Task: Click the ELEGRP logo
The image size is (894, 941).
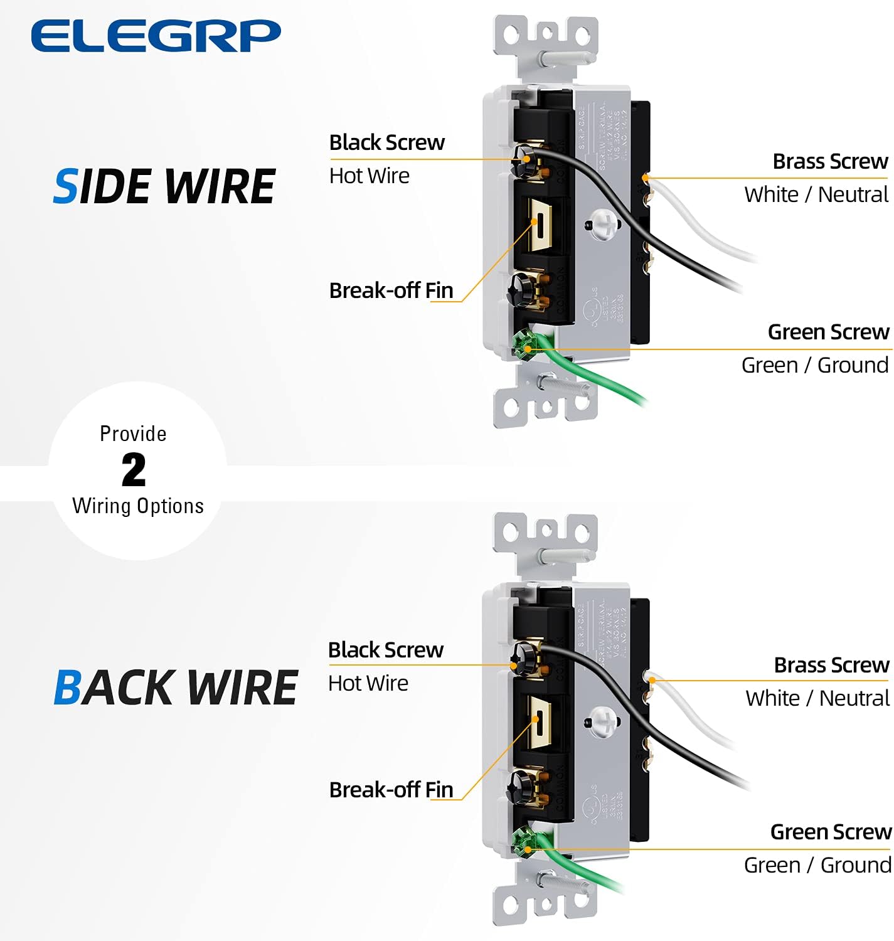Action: coord(156,36)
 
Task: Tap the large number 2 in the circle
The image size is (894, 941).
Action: coord(134,470)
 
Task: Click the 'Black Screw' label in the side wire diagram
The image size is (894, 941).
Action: coord(386,142)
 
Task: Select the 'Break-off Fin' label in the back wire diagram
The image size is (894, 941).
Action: coord(391,790)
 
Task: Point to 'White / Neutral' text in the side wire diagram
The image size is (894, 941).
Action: coord(816,194)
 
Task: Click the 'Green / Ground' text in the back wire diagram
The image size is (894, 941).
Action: coord(817,865)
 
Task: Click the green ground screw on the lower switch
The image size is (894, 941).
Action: coord(523,842)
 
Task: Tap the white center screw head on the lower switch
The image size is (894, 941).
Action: coord(603,720)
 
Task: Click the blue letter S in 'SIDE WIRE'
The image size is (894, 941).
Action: coord(65,187)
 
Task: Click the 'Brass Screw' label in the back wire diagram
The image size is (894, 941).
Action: coord(831,665)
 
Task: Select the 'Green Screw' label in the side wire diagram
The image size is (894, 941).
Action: coord(828,332)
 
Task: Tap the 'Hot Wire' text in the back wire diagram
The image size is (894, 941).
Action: coord(368,683)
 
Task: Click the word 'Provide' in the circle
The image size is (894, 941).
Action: coord(133,433)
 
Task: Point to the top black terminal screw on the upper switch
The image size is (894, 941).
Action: coord(524,161)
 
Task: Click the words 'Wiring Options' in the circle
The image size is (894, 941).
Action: coord(138,506)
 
